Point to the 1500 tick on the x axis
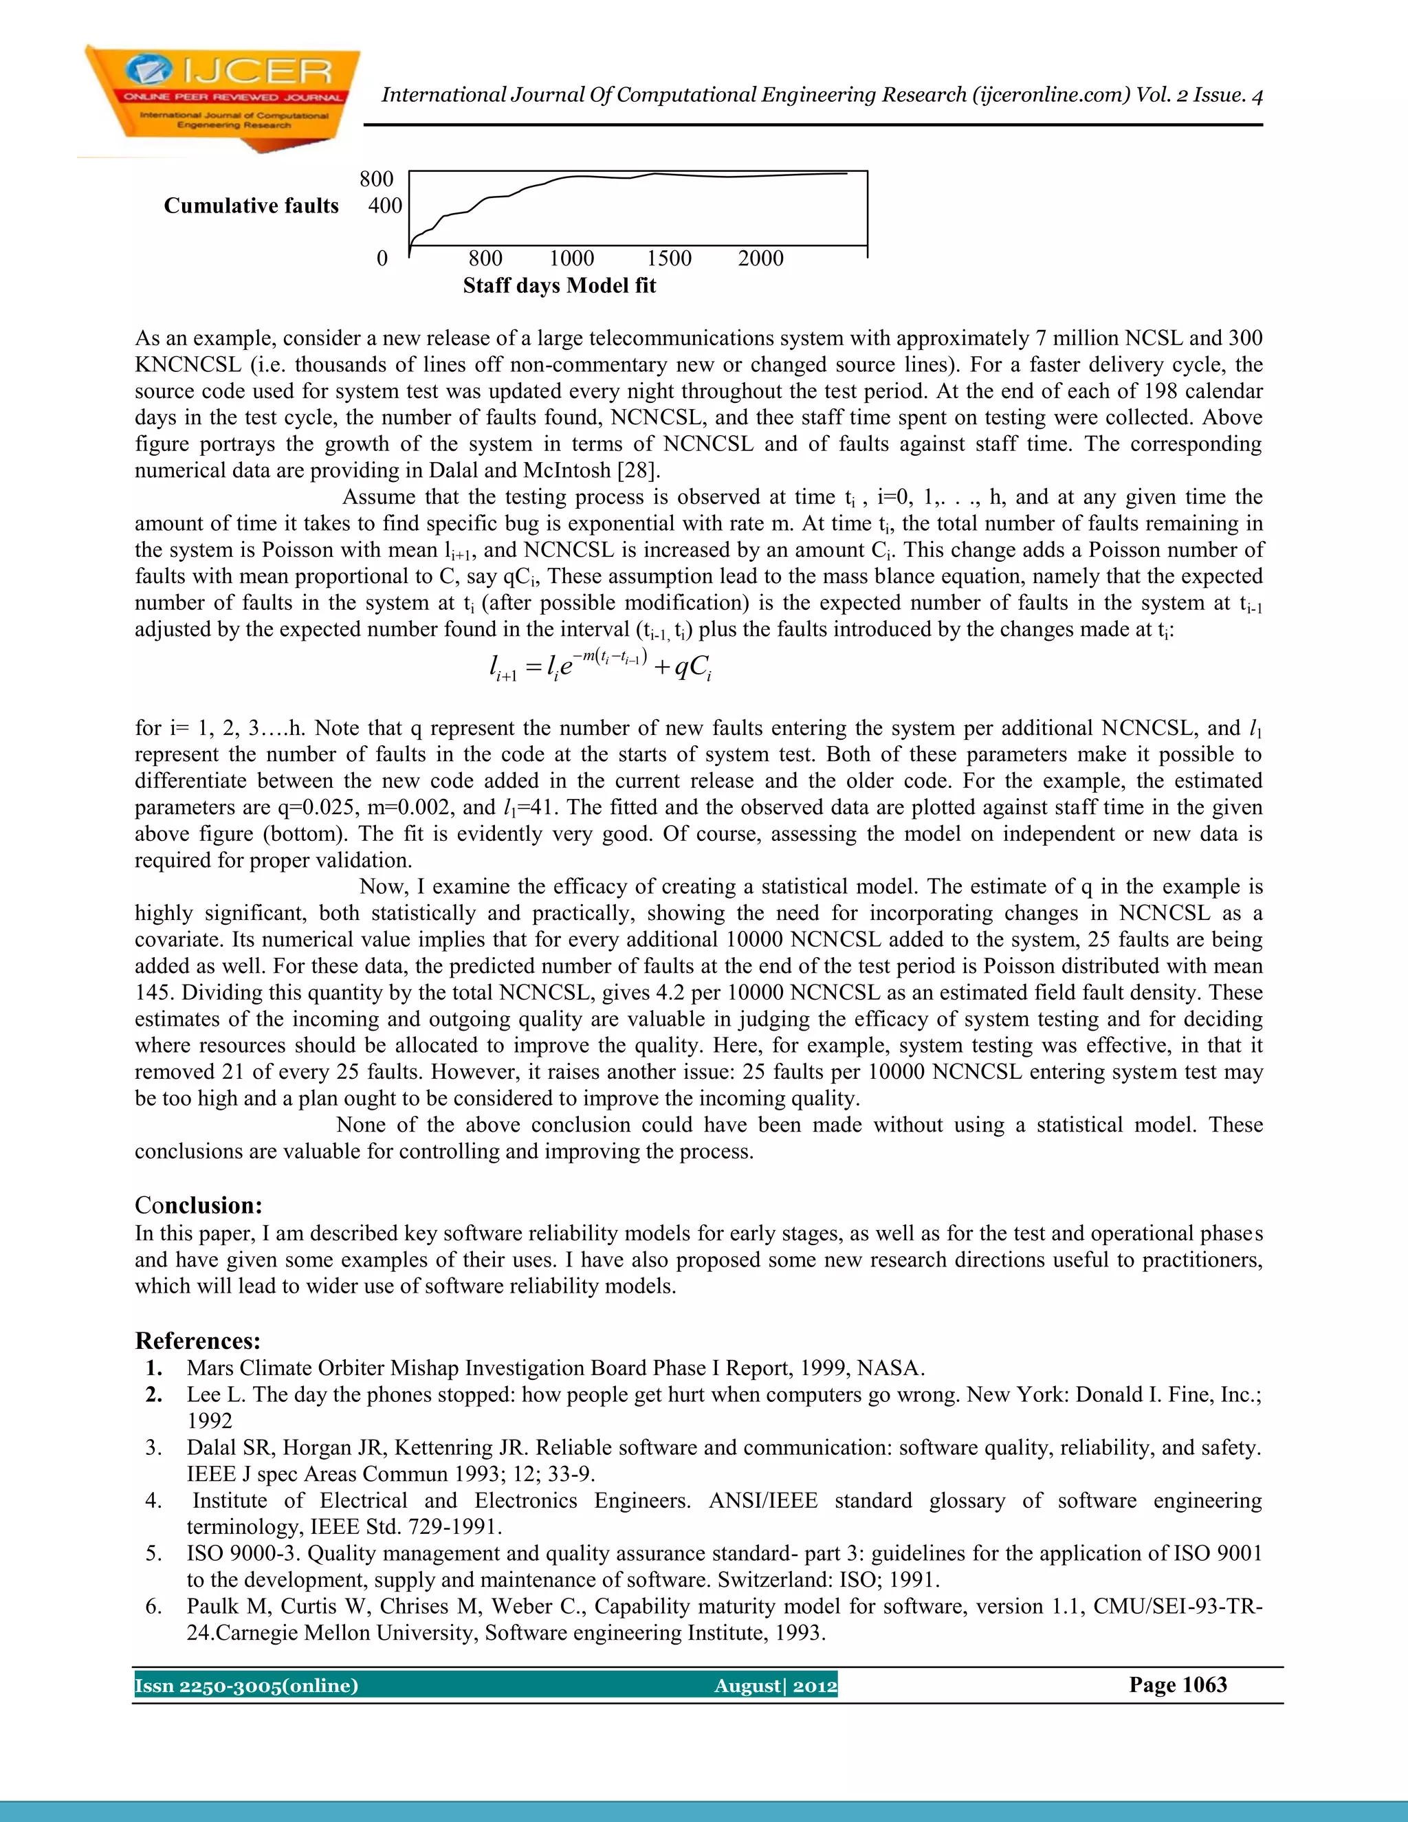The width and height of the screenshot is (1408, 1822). [669, 258]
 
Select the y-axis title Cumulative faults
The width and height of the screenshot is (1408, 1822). [251, 206]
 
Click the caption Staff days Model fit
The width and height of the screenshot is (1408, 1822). [559, 286]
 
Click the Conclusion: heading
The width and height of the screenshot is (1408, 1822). [199, 1205]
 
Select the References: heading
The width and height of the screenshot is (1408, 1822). [198, 1341]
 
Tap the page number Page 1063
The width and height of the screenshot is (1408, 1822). [1178, 1684]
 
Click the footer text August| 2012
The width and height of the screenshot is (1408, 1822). [775, 1685]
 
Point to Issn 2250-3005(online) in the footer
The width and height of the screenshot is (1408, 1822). [246, 1685]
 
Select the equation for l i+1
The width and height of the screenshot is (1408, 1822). [599, 666]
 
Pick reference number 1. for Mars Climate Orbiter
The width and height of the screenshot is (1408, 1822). [154, 1368]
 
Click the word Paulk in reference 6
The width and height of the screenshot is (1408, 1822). [212, 1607]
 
